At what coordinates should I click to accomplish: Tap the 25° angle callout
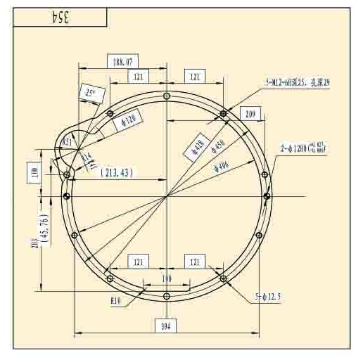[x=89, y=91]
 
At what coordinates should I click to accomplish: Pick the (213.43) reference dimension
[x=116, y=172]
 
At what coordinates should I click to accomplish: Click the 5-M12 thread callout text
[x=298, y=83]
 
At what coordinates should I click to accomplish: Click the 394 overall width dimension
[x=167, y=325]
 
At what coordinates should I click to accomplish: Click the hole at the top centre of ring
[x=166, y=96]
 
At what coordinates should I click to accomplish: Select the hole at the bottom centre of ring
[x=167, y=297]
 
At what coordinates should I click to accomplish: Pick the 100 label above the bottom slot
[x=167, y=279]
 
